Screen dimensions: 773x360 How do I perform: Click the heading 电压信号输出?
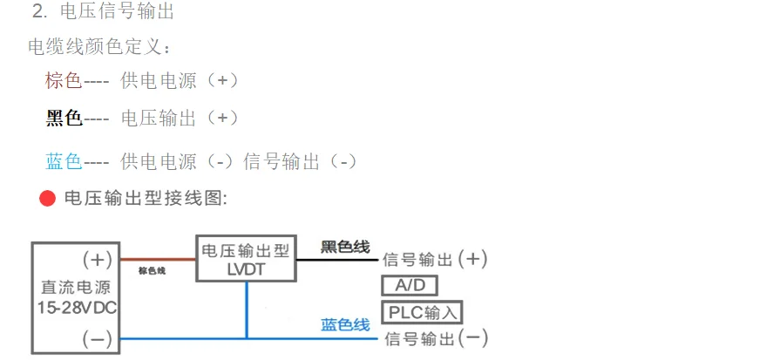point(117,12)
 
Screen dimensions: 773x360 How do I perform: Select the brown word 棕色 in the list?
point(64,81)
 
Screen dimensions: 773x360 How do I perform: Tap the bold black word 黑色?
point(64,119)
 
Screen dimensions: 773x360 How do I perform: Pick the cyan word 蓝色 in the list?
point(64,161)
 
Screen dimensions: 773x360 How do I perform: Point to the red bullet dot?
point(47,199)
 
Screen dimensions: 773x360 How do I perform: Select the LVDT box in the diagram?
point(246,259)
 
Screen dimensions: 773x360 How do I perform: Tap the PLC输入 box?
point(421,312)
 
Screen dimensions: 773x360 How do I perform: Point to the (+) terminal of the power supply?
point(97,260)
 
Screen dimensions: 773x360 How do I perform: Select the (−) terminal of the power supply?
point(97,337)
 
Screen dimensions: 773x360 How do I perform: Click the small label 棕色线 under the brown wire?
point(152,271)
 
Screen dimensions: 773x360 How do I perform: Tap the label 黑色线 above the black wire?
point(345,247)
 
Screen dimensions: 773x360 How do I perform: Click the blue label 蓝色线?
point(345,325)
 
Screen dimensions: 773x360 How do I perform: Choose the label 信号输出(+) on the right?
point(435,260)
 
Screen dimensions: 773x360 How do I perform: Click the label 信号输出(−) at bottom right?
point(435,337)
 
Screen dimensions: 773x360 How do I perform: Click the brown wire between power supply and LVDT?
point(157,259)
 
